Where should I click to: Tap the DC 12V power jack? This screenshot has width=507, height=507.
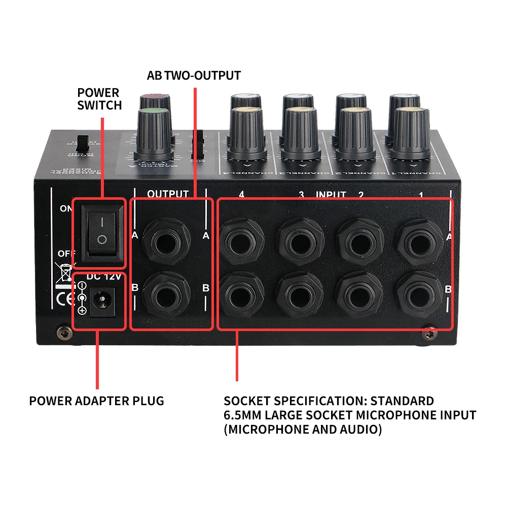click(x=104, y=303)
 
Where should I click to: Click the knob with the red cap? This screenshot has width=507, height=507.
click(x=155, y=100)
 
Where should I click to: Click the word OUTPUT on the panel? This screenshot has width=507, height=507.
click(x=168, y=194)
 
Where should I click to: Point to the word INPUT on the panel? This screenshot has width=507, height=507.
click(x=332, y=194)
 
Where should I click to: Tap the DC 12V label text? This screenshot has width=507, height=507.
click(x=104, y=276)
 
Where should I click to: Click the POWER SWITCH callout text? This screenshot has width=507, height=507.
click(x=99, y=99)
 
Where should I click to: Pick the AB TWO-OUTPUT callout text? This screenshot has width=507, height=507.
click(x=194, y=76)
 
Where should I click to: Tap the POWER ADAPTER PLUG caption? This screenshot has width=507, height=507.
click(x=96, y=401)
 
